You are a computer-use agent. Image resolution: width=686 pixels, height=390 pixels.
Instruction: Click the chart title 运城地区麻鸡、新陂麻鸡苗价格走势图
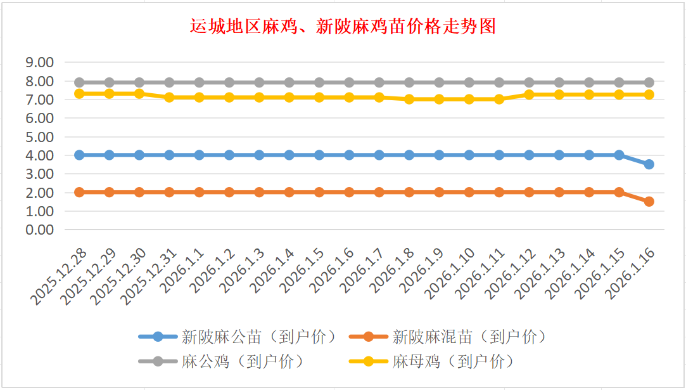pyautogui.click(x=343, y=27)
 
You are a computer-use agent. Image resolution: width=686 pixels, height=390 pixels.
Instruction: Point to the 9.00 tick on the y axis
pyautogui.click(x=39, y=62)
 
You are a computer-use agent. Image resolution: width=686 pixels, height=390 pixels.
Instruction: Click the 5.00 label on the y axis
pyautogui.click(x=39, y=136)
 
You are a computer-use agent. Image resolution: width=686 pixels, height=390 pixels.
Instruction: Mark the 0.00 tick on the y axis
pyautogui.click(x=39, y=230)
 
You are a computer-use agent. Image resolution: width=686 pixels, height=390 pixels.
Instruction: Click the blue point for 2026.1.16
pyautogui.click(x=649, y=164)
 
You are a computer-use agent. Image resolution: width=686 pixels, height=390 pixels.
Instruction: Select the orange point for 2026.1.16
pyautogui.click(x=649, y=202)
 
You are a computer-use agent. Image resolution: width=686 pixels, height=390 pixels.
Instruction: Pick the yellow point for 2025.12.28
pyautogui.click(x=79, y=93)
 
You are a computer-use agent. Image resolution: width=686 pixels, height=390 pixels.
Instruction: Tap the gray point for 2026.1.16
pyautogui.click(x=649, y=82)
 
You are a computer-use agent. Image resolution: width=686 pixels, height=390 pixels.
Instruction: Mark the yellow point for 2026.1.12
pyautogui.click(x=529, y=94)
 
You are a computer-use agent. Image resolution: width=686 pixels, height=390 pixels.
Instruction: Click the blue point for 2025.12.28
pyautogui.click(x=79, y=155)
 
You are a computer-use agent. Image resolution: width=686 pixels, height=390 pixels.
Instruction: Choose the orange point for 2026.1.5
pyautogui.click(x=319, y=192)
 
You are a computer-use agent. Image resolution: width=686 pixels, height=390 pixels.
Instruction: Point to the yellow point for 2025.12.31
pyautogui.click(x=169, y=97)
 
